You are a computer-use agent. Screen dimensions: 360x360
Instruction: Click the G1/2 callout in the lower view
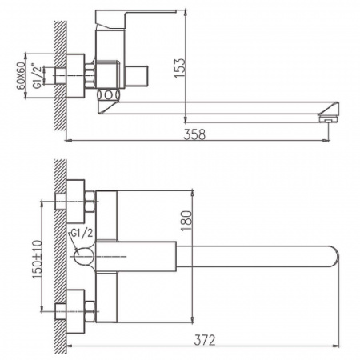[82, 232]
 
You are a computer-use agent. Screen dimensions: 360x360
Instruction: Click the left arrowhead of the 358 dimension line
[66, 142]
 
